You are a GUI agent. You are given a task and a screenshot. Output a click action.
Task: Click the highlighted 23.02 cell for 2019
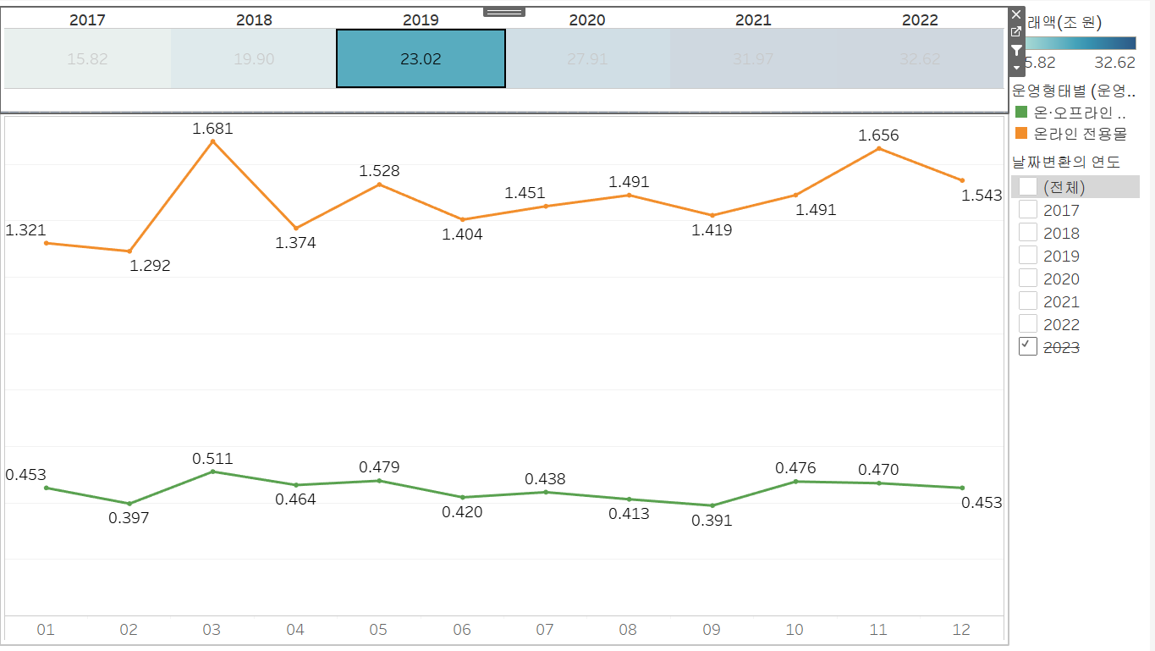click(421, 58)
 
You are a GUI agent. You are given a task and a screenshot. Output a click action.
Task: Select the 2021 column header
click(753, 19)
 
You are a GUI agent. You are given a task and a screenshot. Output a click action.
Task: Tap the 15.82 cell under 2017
click(87, 58)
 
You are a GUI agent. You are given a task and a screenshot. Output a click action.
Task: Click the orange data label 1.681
click(212, 129)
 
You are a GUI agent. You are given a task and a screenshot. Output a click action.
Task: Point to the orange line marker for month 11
click(879, 149)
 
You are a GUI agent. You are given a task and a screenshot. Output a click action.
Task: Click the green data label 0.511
click(212, 459)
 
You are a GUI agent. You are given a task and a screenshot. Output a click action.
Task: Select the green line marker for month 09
click(712, 505)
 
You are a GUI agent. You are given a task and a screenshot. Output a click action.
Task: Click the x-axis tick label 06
click(462, 630)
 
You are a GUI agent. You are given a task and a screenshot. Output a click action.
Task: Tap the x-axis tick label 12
click(961, 630)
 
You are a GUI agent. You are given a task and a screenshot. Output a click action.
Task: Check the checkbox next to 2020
click(1028, 279)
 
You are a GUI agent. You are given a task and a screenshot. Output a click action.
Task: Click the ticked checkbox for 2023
click(1028, 346)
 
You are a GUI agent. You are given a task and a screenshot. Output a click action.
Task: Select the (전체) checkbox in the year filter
click(1028, 187)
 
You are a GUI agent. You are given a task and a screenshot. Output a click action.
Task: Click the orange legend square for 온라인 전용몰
click(1021, 134)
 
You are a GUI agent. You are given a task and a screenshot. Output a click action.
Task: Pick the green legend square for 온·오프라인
click(1021, 112)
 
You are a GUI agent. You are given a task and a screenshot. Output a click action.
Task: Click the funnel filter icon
click(1016, 50)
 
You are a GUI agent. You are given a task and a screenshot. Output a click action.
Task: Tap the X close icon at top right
click(1016, 14)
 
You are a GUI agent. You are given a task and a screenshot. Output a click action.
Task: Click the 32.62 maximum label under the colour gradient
click(1114, 63)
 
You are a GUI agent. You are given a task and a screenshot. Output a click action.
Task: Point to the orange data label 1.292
click(150, 266)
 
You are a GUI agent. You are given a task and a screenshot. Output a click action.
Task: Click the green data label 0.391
click(712, 521)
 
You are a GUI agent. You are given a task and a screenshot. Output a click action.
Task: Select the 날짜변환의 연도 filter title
click(1066, 162)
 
